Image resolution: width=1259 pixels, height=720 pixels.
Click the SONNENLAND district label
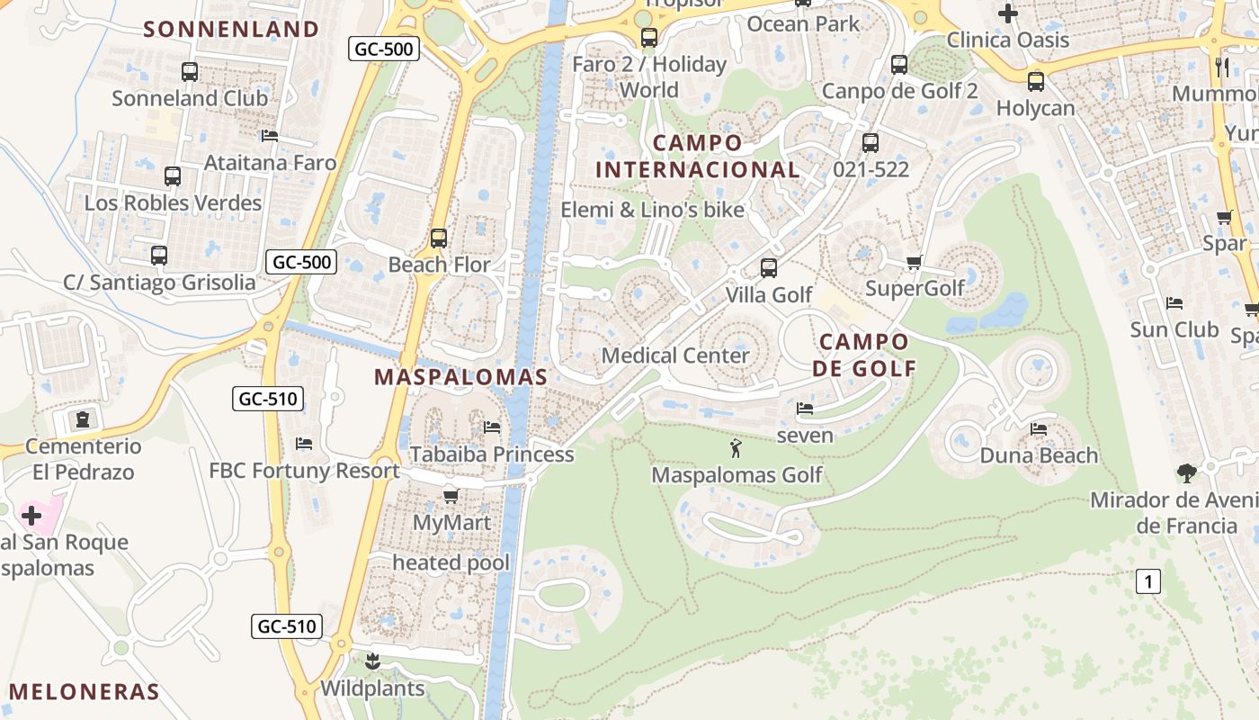tap(231, 29)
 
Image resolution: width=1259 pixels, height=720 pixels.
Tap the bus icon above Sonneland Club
tap(190, 72)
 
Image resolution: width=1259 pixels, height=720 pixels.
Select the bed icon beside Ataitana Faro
tap(270, 137)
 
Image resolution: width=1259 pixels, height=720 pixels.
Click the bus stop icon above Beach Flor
tap(439, 238)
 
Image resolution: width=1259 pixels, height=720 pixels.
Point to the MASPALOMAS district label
tap(460, 377)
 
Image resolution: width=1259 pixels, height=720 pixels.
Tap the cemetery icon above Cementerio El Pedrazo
tap(84, 419)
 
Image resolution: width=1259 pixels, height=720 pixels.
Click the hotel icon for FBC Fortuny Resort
tap(304, 444)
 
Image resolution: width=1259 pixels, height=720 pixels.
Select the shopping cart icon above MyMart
tap(451, 496)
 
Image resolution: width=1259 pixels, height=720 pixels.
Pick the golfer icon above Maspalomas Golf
tap(737, 447)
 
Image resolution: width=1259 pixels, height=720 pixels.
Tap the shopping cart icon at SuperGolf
tap(915, 262)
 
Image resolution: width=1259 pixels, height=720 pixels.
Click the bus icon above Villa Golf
tap(769, 268)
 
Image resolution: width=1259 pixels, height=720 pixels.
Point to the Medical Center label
tap(675, 355)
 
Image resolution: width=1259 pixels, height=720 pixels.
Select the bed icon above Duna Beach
tap(1039, 429)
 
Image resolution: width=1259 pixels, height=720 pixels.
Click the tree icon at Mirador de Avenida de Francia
tap(1187, 472)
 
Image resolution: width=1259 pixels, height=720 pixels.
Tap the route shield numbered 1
tap(1147, 581)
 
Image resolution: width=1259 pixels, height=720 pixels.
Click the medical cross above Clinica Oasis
tap(1008, 13)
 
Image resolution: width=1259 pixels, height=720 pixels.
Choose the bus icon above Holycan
tap(1036, 82)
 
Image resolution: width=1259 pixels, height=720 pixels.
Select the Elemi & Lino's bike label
tap(653, 210)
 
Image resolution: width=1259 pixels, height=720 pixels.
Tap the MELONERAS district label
tap(85, 692)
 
